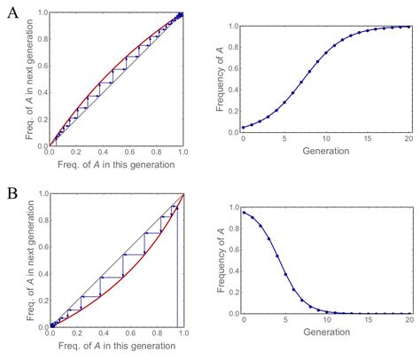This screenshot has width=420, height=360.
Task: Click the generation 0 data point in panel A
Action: (x=243, y=128)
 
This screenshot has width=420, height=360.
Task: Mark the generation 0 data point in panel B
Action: (x=243, y=212)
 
